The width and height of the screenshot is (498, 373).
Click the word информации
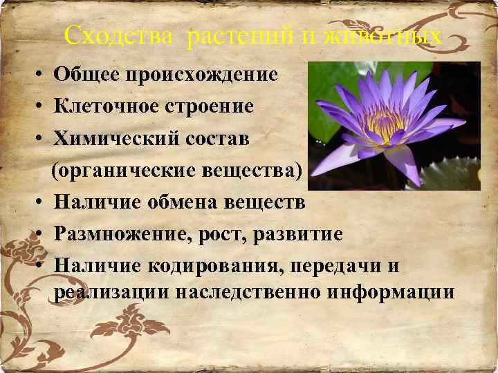coord(391,291)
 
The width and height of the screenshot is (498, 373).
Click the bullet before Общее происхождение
coord(42,75)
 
